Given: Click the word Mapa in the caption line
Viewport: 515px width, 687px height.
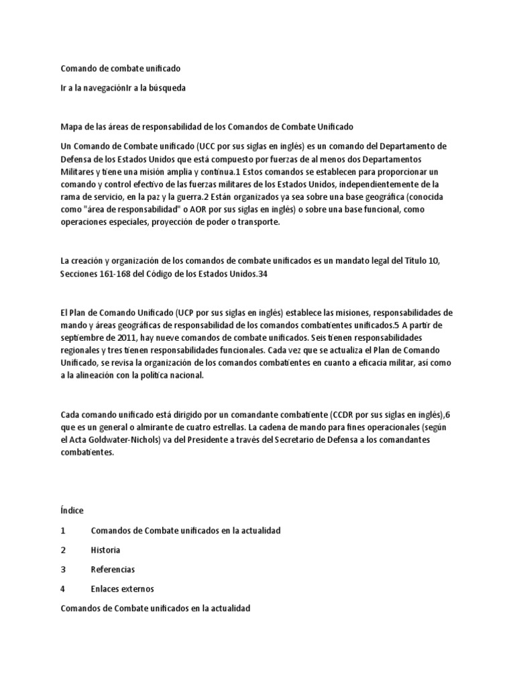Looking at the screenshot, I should click(72, 126).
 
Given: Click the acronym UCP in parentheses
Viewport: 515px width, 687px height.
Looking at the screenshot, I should click(186, 313).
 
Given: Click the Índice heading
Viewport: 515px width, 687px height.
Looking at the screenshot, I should click(72, 511).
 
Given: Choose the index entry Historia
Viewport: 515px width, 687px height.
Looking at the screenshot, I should click(105, 550).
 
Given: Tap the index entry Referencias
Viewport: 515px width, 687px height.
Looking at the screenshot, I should click(113, 570).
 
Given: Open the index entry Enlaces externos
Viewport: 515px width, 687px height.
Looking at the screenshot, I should click(122, 589).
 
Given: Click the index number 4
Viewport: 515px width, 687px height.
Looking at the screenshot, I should click(62, 589).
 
